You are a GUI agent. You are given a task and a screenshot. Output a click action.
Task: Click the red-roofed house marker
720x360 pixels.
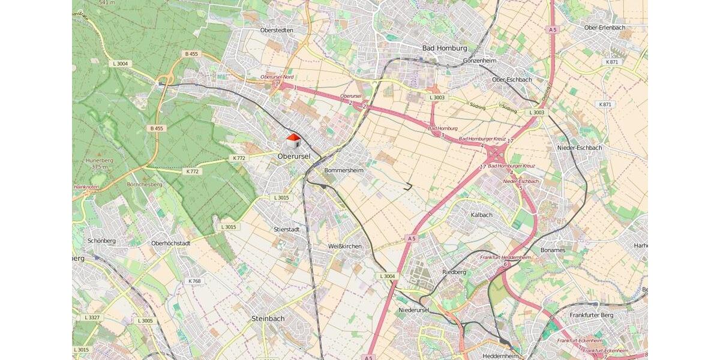pyautogui.click(x=293, y=142)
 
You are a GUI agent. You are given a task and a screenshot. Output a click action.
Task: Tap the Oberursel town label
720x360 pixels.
pyautogui.click(x=294, y=157)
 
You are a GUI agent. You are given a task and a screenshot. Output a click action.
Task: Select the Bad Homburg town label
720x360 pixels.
pyautogui.click(x=445, y=48)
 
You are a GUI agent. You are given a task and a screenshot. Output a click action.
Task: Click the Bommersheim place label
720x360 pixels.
pyautogui.click(x=344, y=170)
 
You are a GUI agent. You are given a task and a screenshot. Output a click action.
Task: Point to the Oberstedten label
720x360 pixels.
pyautogui.click(x=277, y=30)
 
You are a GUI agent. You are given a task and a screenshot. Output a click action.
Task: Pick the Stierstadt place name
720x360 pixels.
pyautogui.click(x=286, y=229)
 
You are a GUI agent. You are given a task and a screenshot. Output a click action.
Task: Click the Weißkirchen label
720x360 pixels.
pyautogui.click(x=345, y=246)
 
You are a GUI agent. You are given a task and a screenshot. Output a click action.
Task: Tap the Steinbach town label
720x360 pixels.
pyautogui.click(x=268, y=319)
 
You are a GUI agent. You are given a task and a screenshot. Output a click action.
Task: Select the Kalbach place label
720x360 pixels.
pyautogui.click(x=481, y=214)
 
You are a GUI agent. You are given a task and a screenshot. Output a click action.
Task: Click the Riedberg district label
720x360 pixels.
pyautogui.click(x=454, y=272)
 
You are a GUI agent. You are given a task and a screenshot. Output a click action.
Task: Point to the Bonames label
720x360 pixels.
pyautogui.click(x=553, y=250)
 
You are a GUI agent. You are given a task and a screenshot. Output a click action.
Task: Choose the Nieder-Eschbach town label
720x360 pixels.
pyautogui.click(x=579, y=148)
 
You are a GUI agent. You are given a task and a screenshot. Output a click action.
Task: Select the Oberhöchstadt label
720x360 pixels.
pyautogui.click(x=171, y=243)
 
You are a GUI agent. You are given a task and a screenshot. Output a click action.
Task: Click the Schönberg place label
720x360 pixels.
pyautogui.click(x=101, y=241)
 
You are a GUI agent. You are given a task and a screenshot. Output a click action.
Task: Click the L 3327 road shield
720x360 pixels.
pyautogui.click(x=94, y=317)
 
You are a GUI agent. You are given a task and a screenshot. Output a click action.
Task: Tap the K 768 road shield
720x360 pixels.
pyautogui.click(x=194, y=281)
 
